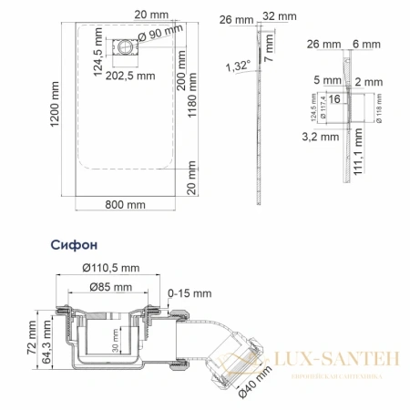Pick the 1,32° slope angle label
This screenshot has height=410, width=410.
[x=237, y=65]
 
